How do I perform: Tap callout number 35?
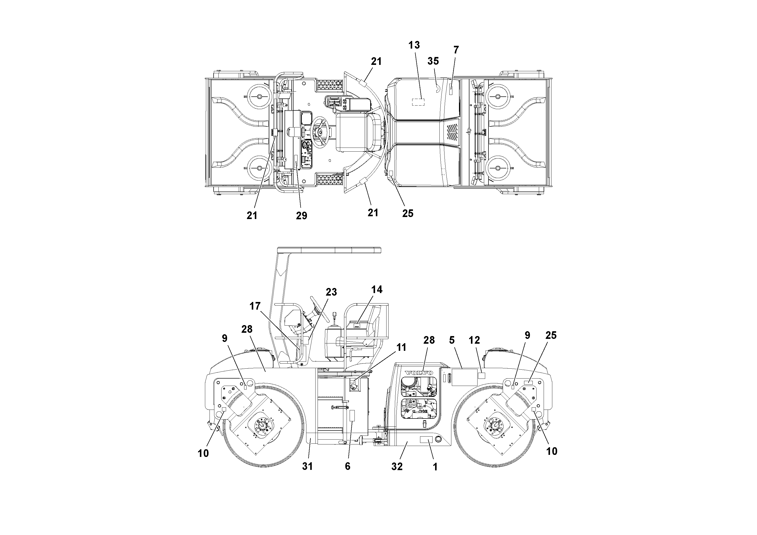[433, 61]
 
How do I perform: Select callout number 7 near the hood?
[456, 50]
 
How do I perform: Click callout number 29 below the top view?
[301, 216]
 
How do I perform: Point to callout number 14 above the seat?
[377, 290]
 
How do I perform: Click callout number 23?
[331, 292]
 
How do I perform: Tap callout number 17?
[255, 306]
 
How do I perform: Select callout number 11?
[401, 347]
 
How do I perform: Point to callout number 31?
[307, 466]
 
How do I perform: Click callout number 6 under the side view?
[348, 466]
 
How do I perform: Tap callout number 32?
[397, 466]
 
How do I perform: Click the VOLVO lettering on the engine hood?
[419, 373]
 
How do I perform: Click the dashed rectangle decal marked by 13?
[418, 102]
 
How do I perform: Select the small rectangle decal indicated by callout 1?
[426, 440]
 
